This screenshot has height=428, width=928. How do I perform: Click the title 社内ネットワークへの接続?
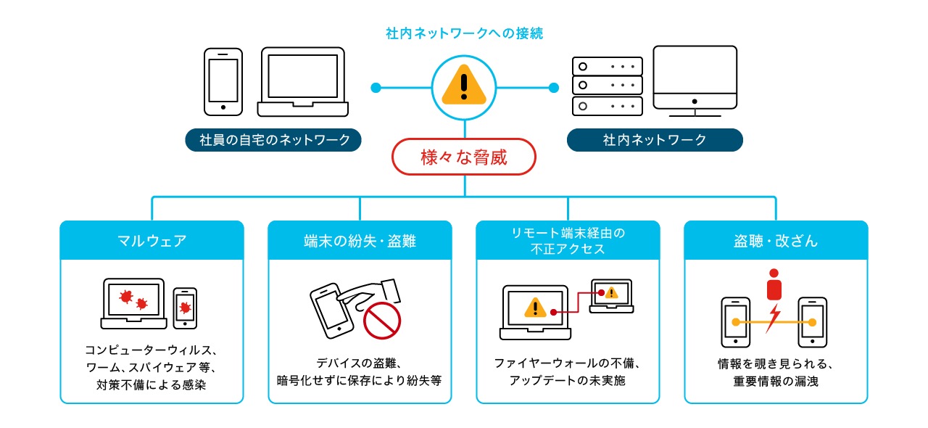click(464, 33)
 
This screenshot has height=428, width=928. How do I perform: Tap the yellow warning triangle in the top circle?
click(465, 85)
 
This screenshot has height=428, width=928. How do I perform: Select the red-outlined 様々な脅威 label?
click(464, 157)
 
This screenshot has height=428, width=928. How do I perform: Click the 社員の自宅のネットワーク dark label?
click(275, 140)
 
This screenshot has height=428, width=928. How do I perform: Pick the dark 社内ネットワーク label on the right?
click(655, 140)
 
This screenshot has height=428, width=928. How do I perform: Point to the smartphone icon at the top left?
click(223, 81)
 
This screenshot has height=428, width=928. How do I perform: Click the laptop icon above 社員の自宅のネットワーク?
click(304, 82)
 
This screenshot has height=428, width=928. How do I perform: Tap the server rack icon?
click(607, 86)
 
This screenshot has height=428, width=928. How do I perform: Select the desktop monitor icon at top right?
click(695, 81)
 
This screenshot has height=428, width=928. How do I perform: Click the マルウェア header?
click(152, 241)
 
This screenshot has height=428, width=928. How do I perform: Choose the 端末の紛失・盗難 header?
click(360, 241)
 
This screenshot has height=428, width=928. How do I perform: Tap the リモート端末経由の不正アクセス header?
click(568, 241)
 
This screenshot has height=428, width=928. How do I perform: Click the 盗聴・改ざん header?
click(776, 241)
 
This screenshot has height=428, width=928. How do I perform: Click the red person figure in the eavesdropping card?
click(775, 284)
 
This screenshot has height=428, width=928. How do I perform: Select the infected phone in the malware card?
click(185, 308)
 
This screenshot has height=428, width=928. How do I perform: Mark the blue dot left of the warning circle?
click(376, 88)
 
